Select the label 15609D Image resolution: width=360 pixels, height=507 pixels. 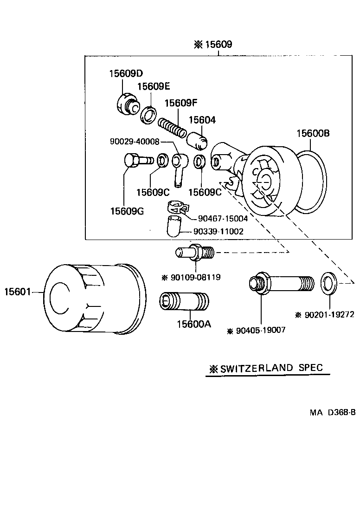[126, 73]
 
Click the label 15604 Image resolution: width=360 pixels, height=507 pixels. [202, 120]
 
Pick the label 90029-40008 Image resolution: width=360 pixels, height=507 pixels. [135, 142]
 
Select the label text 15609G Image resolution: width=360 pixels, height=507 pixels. [127, 211]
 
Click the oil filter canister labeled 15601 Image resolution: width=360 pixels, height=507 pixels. [93, 299]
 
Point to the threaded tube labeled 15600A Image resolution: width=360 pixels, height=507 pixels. [184, 301]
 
